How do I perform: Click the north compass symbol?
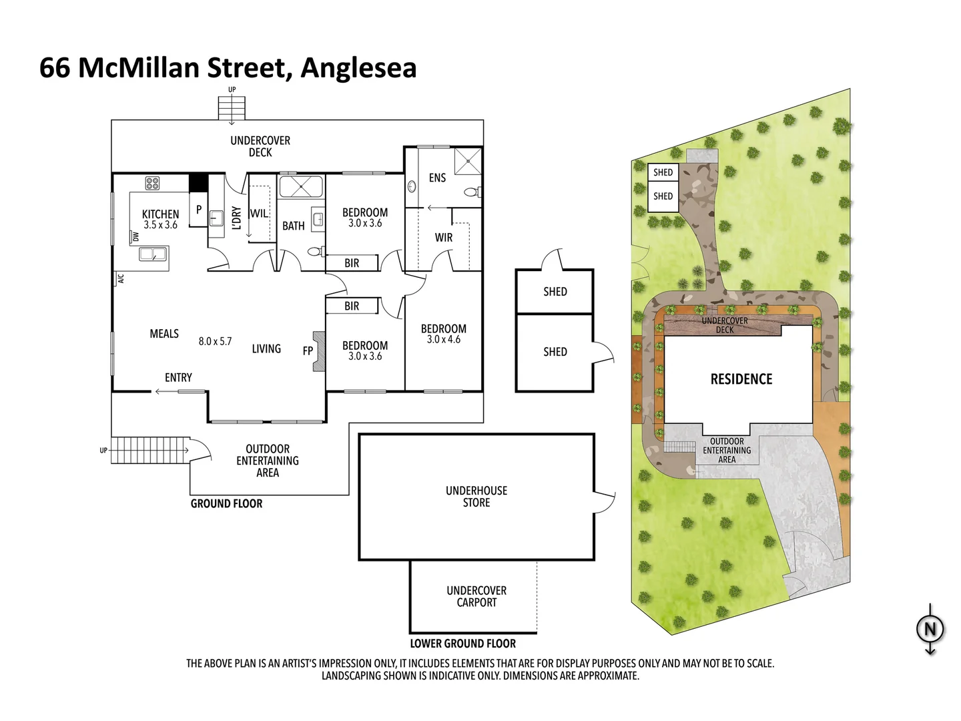(x=930, y=630)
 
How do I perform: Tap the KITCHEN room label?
(x=160, y=214)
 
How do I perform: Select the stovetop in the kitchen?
(x=152, y=183)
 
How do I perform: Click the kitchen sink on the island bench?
(x=153, y=254)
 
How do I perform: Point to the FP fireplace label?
(x=308, y=350)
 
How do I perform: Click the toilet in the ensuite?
(x=470, y=192)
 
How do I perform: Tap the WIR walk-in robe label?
(x=443, y=238)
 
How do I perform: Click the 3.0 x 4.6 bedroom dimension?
(x=443, y=340)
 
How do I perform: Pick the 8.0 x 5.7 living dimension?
(x=215, y=341)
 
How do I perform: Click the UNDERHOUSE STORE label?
(x=476, y=497)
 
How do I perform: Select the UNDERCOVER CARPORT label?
(x=476, y=597)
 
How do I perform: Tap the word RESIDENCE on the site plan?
(x=741, y=379)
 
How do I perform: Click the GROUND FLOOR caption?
(x=226, y=504)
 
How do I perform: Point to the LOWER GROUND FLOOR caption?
(x=462, y=644)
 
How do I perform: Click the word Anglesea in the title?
(x=358, y=68)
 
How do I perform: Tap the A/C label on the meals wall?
(x=121, y=279)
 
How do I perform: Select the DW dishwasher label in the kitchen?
(x=135, y=237)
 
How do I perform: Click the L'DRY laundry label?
(x=236, y=218)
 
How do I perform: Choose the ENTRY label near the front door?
(x=178, y=378)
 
